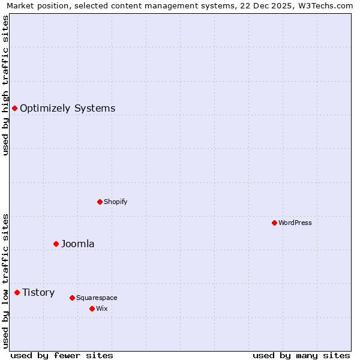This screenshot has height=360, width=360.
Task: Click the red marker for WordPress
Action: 274,223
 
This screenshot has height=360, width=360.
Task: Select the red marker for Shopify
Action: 100,202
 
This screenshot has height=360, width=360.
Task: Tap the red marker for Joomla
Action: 56,244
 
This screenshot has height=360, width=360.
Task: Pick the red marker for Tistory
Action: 17,292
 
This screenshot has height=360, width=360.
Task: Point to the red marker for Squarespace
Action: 72,298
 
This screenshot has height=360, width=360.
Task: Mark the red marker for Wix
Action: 92,308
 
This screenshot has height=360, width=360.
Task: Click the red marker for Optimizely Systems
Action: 14,108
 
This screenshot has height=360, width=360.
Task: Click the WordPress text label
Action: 295,223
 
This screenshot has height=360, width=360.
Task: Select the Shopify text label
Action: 116,202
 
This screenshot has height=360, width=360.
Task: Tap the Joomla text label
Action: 78,244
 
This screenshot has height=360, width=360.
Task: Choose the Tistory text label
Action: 38,292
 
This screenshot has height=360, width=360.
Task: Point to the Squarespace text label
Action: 97,298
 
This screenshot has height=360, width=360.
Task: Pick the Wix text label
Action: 102,308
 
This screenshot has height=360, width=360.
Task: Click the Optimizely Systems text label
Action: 68,108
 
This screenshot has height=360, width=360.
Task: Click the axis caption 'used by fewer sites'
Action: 62,355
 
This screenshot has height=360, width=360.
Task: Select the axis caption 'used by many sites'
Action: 301,355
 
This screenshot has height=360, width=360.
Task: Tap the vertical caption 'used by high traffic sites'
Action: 5,85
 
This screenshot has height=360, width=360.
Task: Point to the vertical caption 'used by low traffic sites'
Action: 5,281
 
